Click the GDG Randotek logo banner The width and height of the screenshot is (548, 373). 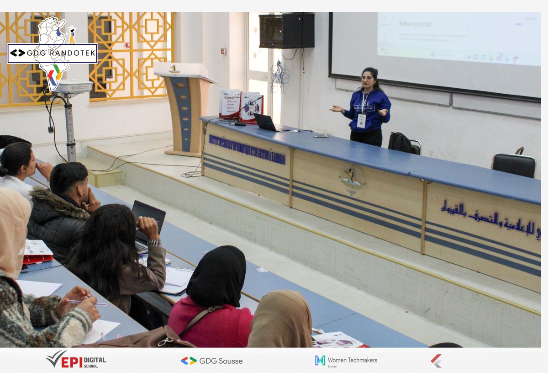52,53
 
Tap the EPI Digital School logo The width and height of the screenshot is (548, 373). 76,360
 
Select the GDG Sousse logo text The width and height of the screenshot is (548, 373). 212,361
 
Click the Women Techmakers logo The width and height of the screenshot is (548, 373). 346,361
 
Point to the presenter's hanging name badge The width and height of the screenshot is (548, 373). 362,121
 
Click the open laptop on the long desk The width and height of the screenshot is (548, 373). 266,123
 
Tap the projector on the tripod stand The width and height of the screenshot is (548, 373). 73,87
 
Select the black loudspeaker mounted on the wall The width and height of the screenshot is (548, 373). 286,31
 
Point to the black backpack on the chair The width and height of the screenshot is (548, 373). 400,143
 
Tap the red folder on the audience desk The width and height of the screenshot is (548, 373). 37,258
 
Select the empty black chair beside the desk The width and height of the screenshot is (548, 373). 514,165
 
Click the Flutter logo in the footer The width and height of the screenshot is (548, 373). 436,361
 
